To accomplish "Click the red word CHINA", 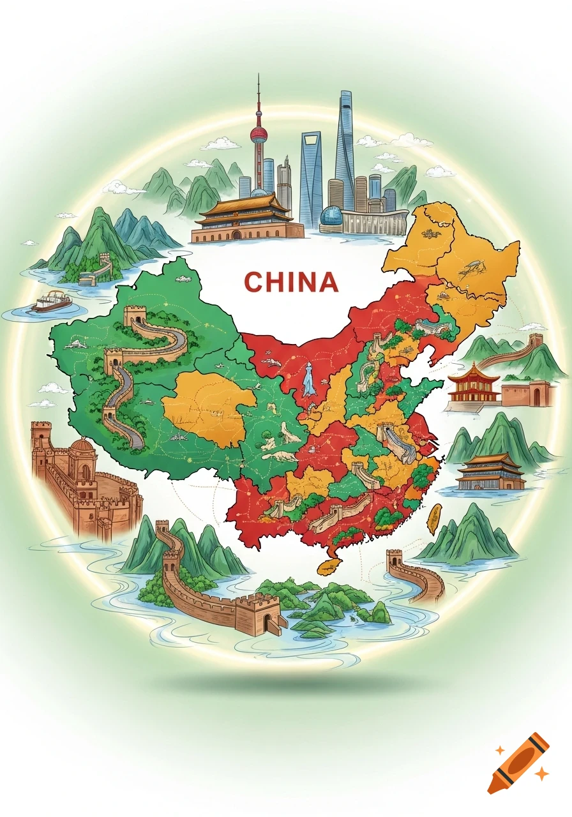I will (x=290, y=281).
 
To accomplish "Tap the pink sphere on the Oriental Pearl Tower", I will (x=259, y=134).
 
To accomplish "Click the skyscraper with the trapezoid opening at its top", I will (x=311, y=172).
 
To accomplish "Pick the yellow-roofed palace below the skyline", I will (x=246, y=217).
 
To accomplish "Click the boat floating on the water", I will (x=50, y=301).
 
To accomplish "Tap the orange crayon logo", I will (x=518, y=762).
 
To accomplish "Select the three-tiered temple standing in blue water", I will (x=490, y=472).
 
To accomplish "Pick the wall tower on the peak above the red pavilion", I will (x=535, y=341).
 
